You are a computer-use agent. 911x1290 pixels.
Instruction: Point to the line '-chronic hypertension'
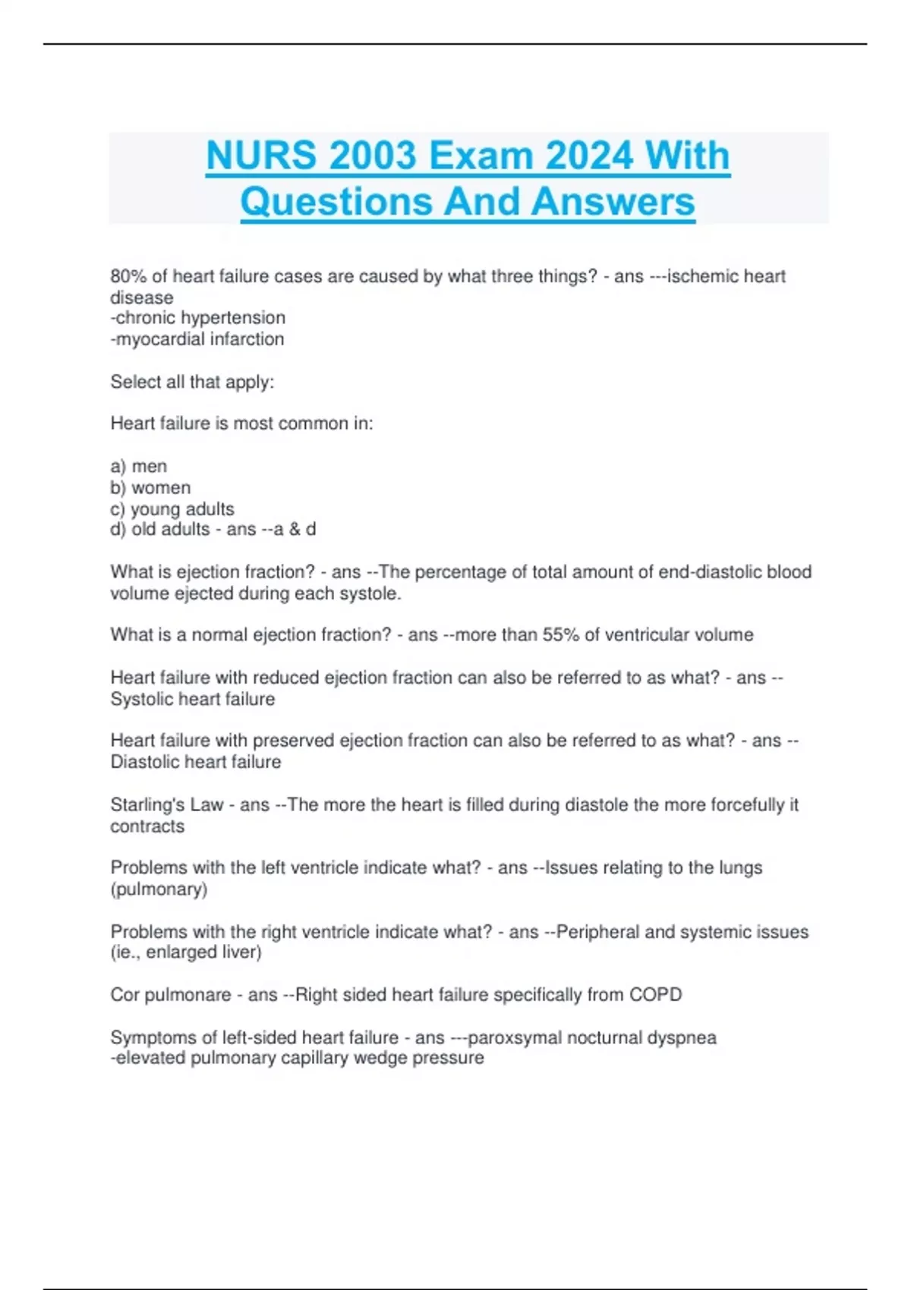tap(198, 318)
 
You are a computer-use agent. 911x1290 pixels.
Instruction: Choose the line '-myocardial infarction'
tap(197, 339)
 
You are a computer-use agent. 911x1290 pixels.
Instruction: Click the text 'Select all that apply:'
tap(192, 382)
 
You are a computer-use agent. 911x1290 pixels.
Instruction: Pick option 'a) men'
tap(139, 466)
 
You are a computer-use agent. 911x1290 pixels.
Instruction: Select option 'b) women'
tap(150, 487)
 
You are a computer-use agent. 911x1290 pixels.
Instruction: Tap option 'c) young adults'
tap(172, 508)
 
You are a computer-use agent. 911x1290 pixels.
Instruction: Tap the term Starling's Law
tap(167, 804)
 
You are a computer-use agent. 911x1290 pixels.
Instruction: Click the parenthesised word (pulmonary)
tap(159, 889)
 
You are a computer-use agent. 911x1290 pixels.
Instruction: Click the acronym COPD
tap(655, 994)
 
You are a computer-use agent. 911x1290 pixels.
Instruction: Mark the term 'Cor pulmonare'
tap(171, 994)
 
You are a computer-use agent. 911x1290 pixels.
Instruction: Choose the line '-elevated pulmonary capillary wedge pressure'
tap(297, 1058)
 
